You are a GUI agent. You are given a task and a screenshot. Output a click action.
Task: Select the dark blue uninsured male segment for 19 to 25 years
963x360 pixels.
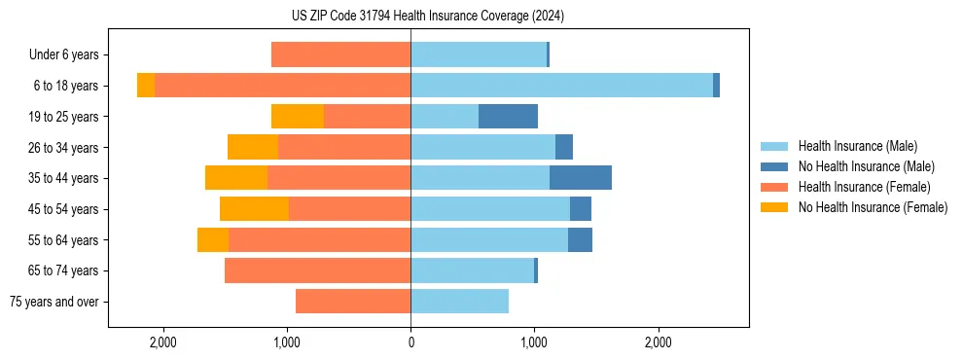508,117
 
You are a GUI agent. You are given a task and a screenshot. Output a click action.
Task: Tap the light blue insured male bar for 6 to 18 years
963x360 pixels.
561,86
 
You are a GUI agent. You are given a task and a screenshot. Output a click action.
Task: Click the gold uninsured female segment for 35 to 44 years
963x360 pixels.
236,178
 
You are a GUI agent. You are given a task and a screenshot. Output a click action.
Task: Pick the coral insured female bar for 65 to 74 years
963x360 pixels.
317,270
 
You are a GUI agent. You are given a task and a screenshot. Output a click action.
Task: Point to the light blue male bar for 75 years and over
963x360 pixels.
459,302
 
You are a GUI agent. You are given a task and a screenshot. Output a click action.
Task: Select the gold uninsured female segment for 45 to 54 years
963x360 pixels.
254,209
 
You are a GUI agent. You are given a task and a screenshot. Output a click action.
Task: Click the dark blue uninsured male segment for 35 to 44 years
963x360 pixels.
580,178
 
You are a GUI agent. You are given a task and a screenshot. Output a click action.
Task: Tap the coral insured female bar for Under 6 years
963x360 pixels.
340,54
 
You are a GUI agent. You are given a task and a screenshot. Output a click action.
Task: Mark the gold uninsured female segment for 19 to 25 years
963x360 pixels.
298,117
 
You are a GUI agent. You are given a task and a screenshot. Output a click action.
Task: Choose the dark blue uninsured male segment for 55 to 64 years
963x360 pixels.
580,240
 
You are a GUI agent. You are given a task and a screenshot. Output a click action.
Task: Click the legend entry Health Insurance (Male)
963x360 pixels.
857,146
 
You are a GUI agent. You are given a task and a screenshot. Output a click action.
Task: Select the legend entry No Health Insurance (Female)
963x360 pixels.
873,207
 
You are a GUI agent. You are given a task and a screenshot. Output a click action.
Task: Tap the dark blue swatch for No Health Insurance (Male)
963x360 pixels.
774,166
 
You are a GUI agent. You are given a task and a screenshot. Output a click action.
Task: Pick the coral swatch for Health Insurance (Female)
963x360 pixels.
774,187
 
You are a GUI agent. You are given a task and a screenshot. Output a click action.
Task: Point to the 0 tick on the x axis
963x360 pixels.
410,342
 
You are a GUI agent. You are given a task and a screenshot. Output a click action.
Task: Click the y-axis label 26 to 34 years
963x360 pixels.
63,148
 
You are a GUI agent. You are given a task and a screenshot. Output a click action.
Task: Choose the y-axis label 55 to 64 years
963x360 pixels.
63,240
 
